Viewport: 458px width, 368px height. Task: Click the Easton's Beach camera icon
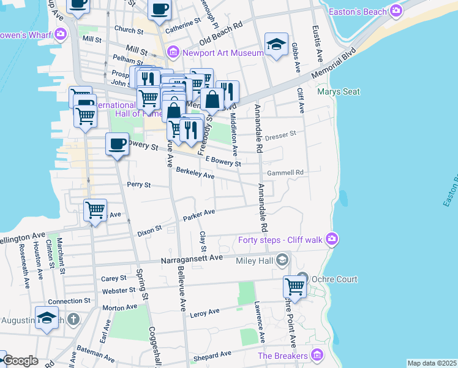tap(397, 11)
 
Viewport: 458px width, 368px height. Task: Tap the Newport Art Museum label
tap(223, 52)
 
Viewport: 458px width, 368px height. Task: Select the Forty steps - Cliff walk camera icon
tap(332, 239)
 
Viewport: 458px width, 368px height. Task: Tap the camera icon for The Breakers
tap(317, 355)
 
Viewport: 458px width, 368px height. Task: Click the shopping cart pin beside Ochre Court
tap(295, 287)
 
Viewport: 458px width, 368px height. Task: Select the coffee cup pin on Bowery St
tap(118, 144)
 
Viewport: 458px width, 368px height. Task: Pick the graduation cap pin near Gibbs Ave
tap(277, 44)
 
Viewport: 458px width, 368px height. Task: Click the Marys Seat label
tap(339, 92)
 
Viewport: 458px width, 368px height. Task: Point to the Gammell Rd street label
tap(290, 173)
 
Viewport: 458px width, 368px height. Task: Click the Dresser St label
tap(283, 132)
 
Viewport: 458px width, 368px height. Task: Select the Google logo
tap(21, 361)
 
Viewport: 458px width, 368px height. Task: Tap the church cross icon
tap(73, 319)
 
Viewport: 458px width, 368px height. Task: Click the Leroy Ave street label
tap(205, 312)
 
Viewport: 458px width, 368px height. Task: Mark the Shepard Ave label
tap(213, 355)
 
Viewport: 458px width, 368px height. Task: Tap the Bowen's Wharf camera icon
tap(60, 33)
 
